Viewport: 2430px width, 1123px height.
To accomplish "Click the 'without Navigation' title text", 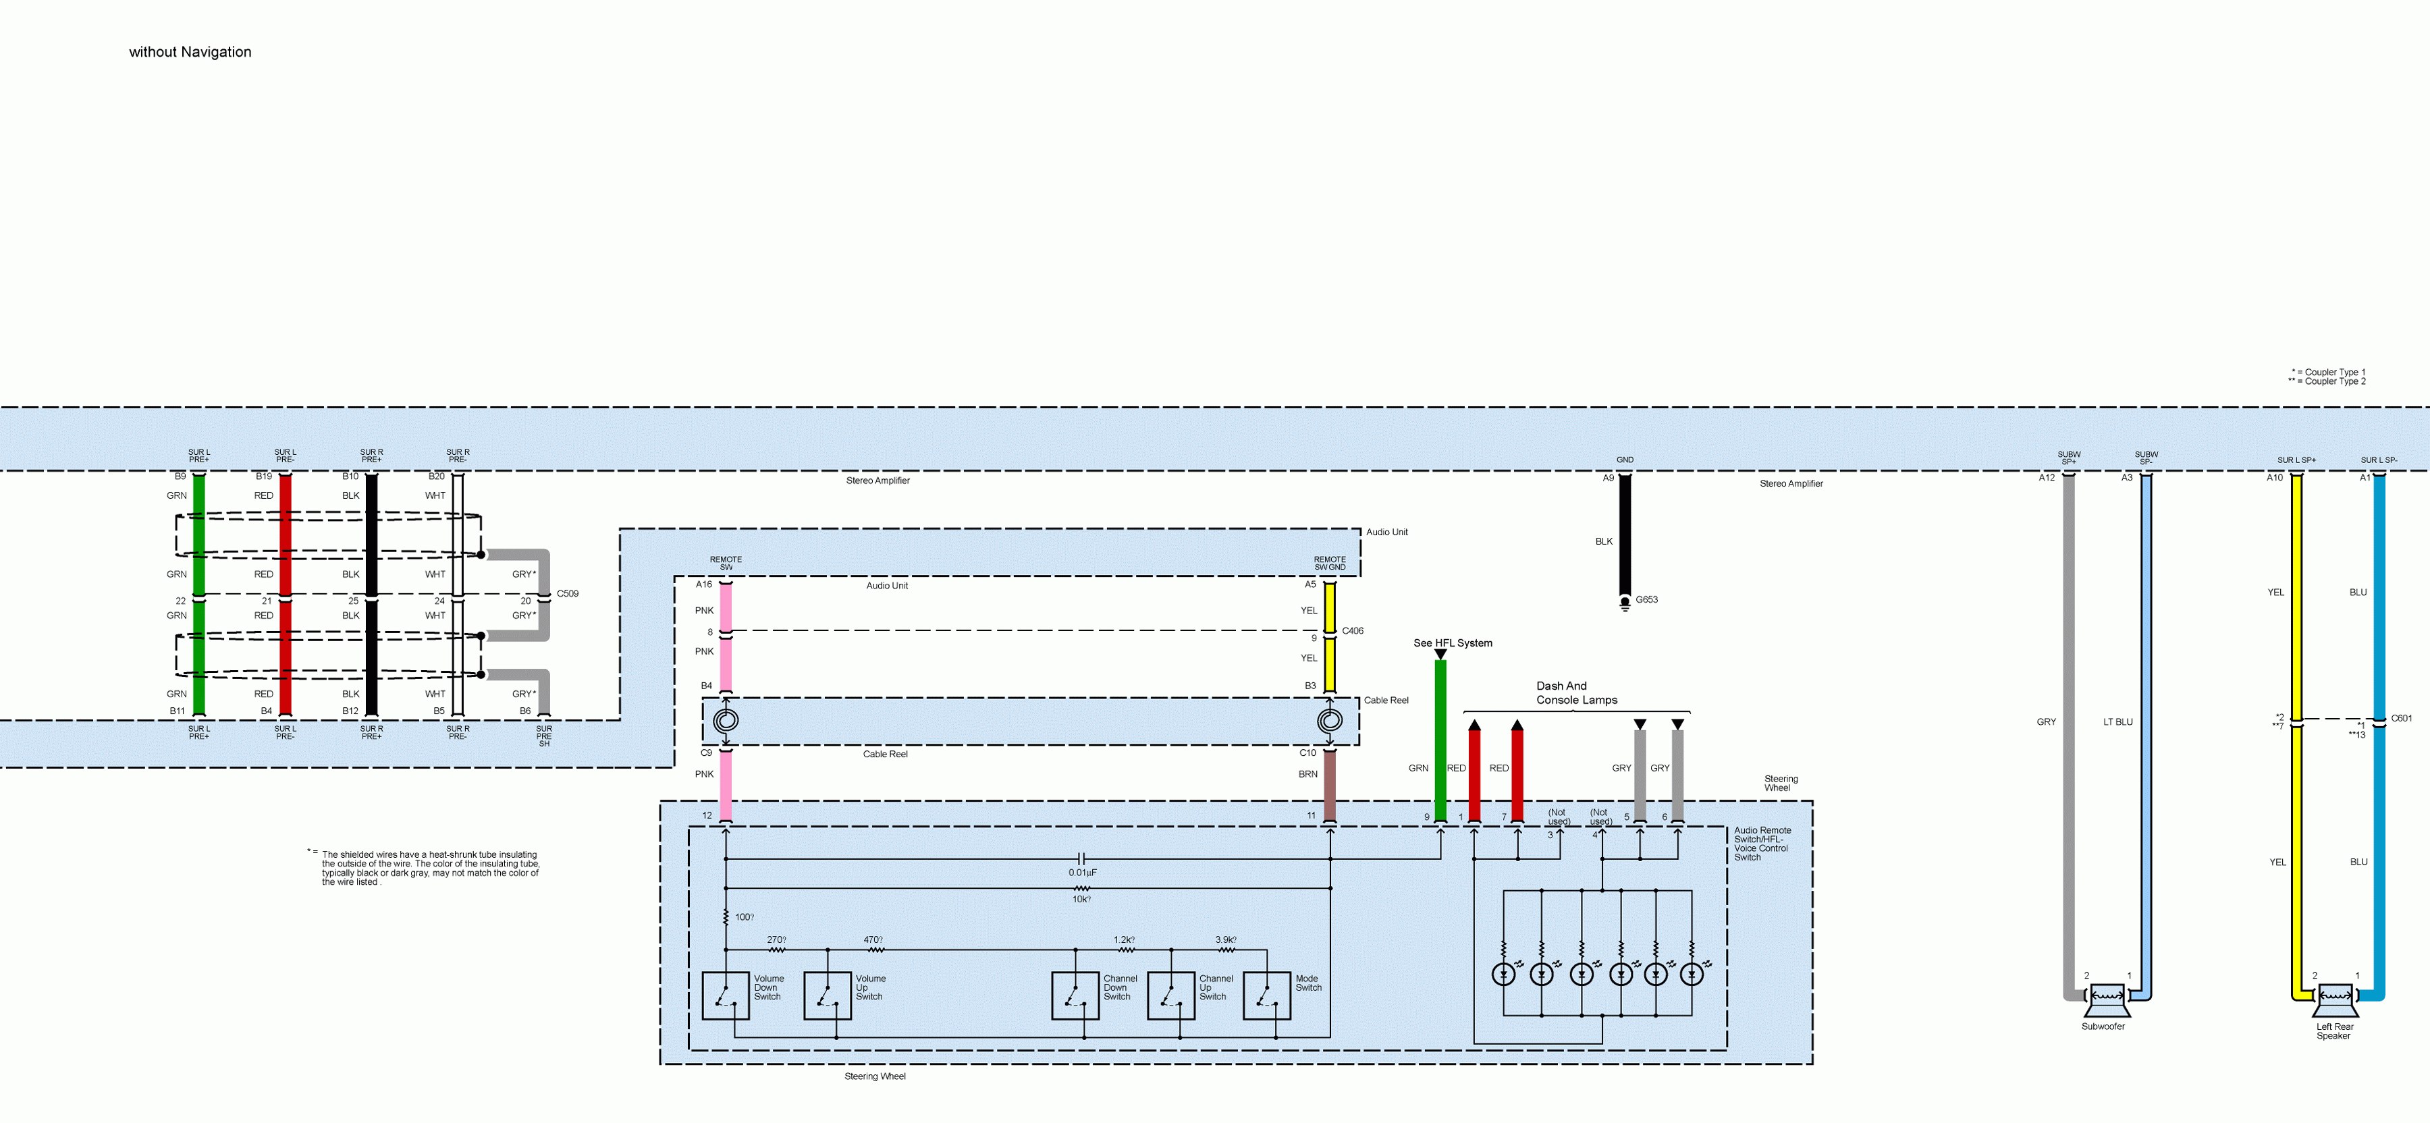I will [190, 52].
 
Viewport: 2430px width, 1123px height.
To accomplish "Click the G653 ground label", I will [1646, 600].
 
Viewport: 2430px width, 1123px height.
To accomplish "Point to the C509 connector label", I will [567, 594].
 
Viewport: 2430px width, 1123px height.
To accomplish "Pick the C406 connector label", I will [1353, 631].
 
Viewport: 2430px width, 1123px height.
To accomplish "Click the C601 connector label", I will [2401, 719].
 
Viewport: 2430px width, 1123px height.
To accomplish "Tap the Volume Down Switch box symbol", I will [726, 995].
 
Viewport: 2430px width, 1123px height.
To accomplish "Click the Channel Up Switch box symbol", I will [1170, 995].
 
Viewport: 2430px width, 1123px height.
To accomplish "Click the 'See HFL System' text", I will [1452, 643].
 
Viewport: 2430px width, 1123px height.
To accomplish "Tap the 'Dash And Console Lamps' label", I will [1575, 693].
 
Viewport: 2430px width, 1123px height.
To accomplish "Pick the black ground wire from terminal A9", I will [1625, 537].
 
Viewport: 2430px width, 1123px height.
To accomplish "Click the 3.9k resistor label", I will [1224, 940].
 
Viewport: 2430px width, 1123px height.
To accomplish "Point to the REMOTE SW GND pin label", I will [1329, 563].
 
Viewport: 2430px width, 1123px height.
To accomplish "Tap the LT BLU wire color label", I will [2117, 722].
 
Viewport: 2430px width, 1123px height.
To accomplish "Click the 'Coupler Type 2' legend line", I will [2328, 382].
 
